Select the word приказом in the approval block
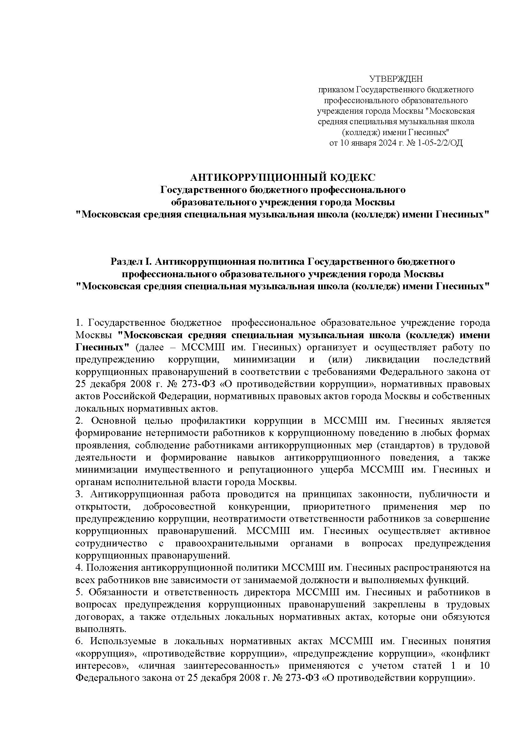[x=336, y=89]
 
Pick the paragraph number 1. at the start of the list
[x=79, y=323]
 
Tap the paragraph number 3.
[x=79, y=494]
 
